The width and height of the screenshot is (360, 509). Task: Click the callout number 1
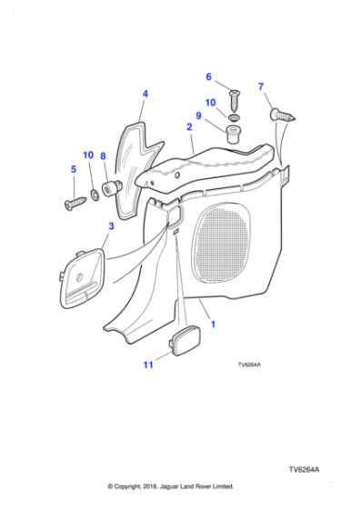pos(213,324)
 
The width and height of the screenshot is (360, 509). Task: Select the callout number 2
pos(189,127)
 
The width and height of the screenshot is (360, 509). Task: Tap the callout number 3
pos(111,226)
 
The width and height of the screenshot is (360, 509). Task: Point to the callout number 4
pos(145,94)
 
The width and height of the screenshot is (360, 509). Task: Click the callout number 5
pos(74,169)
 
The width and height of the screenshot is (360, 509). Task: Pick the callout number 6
pos(209,76)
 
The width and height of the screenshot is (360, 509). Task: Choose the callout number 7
pos(261,86)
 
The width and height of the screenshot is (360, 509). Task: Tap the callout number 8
pos(103,156)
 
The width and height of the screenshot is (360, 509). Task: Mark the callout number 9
pos(198,115)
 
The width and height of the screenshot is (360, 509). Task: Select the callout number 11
pos(148,364)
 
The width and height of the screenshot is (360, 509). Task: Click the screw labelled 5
pos(75,204)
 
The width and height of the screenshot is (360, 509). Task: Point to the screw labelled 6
pos(235,101)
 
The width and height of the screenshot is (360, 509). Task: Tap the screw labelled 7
pos(282,115)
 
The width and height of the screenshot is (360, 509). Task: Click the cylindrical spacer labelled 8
pos(111,189)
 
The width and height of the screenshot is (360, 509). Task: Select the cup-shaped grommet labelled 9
pos(233,134)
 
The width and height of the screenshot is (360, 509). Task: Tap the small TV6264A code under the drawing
pos(249,364)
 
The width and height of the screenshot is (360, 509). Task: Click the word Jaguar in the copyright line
pos(168,486)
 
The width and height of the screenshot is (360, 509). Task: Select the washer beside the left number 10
pos(95,195)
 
